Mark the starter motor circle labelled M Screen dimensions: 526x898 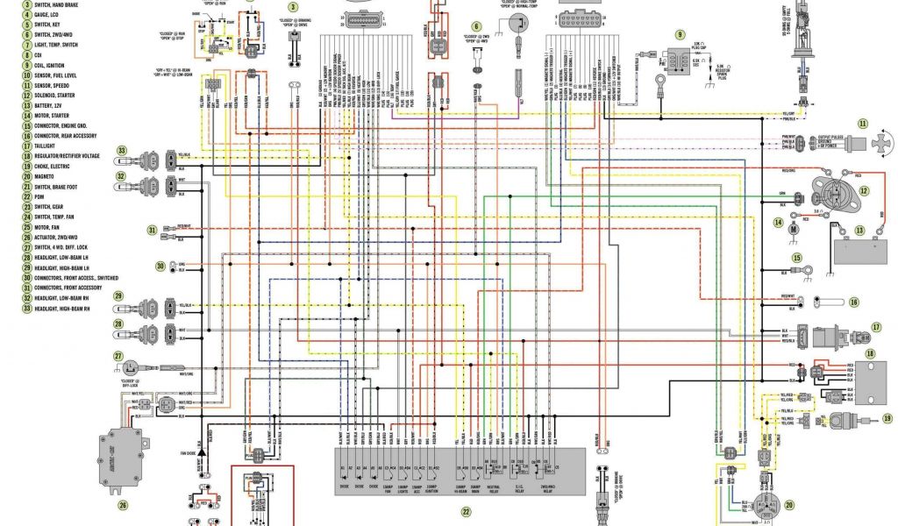pyautogui.click(x=791, y=230)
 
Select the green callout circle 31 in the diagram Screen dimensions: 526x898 pyautogui.click(x=152, y=231)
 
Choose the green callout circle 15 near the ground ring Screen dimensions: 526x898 pyautogui.click(x=797, y=258)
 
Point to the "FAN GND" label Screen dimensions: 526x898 pyautogui.click(x=189, y=452)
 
